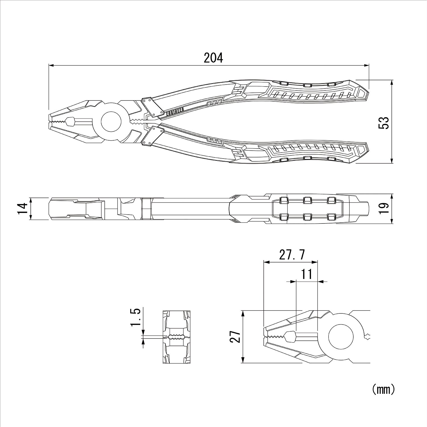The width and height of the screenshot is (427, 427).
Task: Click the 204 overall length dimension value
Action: coord(213,58)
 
